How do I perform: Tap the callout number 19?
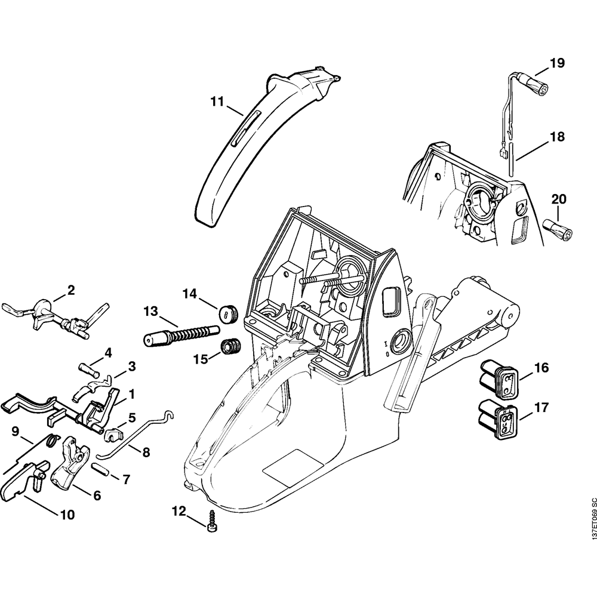tap(556, 63)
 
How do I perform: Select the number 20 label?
tap(559, 199)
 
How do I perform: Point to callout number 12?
tap(179, 510)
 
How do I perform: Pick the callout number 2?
tap(71, 291)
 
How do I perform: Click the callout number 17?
tap(541, 408)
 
